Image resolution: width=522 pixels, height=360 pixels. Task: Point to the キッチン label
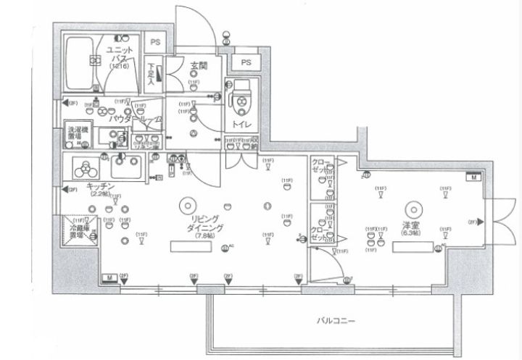tap(98, 186)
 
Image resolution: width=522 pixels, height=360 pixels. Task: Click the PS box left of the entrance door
tap(155, 43)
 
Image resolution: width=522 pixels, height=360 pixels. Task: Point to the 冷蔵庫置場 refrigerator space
tap(80, 231)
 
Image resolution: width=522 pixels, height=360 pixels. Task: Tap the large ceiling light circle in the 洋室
tap(414, 206)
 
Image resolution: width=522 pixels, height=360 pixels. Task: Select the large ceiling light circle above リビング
tap(186, 204)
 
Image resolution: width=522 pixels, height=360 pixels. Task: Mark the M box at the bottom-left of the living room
tap(107, 277)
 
